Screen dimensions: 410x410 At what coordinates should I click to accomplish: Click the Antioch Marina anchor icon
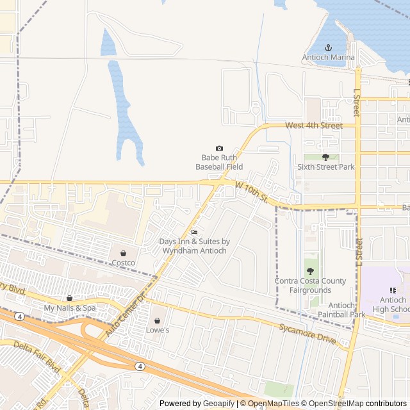point(328,47)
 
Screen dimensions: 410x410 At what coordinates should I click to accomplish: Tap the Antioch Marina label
point(328,58)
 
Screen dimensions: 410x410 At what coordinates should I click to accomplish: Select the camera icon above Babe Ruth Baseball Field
point(220,148)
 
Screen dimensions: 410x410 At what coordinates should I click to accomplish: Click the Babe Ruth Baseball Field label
point(220,162)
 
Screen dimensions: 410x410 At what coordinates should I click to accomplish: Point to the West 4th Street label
point(314,126)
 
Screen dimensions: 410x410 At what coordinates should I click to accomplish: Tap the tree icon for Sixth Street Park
point(325,157)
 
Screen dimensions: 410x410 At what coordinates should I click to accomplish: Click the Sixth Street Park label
point(325,167)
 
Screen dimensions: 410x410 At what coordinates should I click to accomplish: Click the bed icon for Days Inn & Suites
point(194,232)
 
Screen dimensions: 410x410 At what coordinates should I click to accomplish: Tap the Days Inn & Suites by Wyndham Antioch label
point(194,246)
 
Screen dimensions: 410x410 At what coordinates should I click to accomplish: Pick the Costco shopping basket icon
point(123,253)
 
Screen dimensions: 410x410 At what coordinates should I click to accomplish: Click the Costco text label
point(123,263)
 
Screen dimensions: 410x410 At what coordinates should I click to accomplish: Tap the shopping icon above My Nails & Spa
point(70,298)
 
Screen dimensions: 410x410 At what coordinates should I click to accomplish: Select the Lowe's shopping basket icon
point(157,320)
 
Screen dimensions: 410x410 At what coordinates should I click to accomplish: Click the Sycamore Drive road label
point(307,333)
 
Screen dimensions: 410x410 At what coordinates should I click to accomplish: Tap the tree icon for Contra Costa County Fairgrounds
point(310,271)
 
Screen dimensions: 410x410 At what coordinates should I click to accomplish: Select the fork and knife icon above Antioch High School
point(393,290)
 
